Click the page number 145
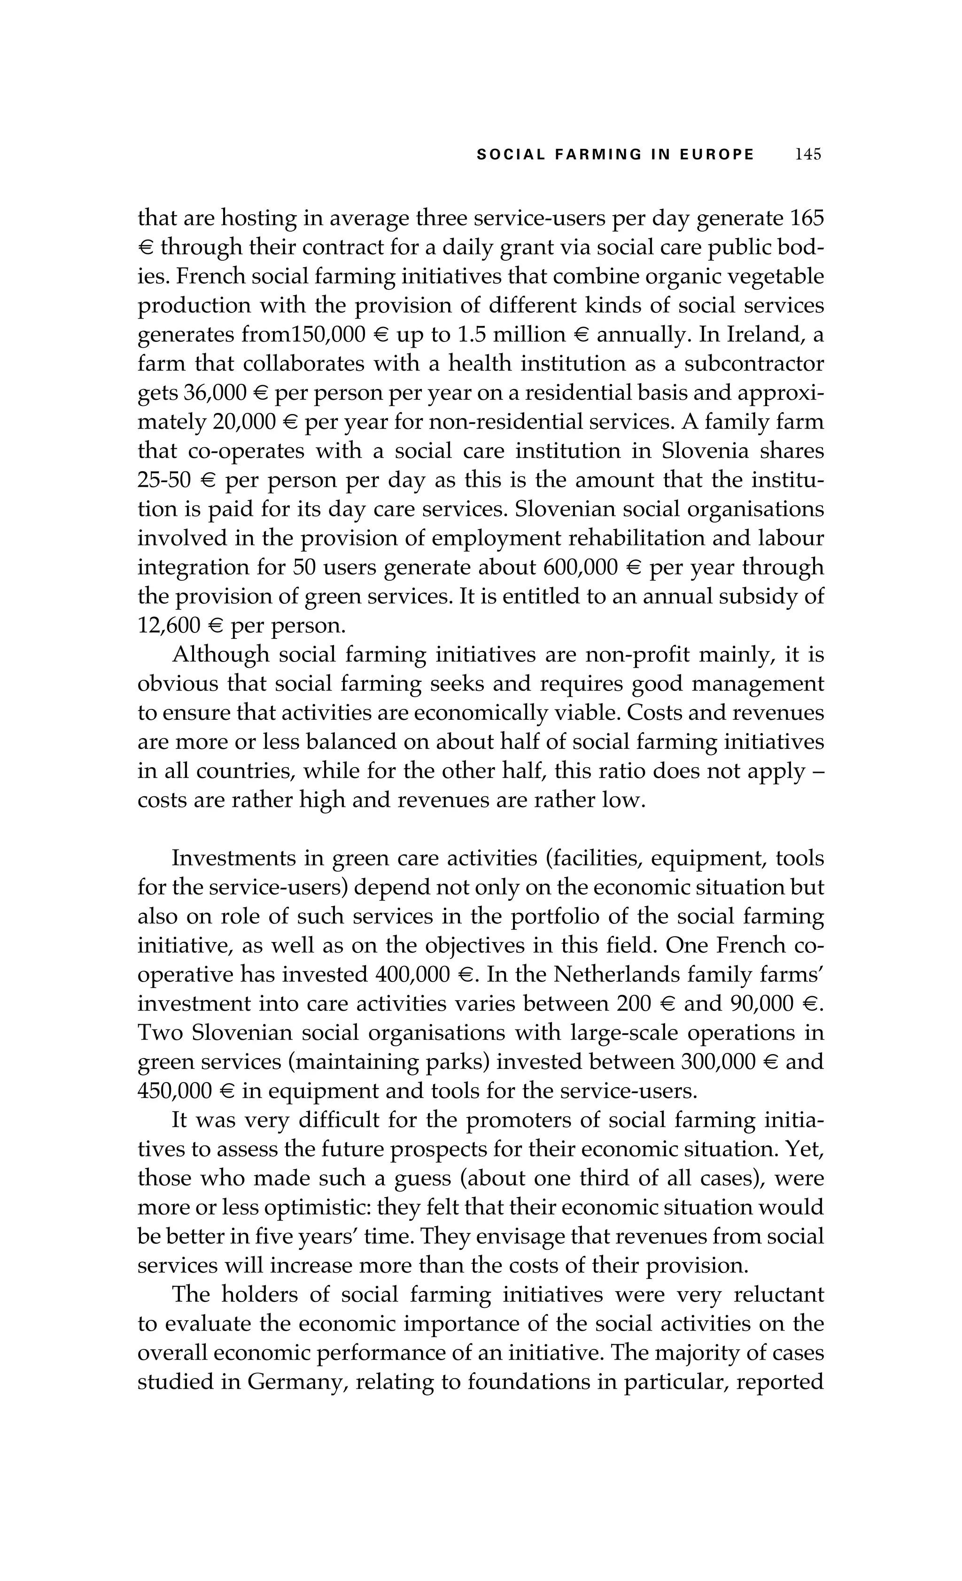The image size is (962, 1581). pos(807,155)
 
